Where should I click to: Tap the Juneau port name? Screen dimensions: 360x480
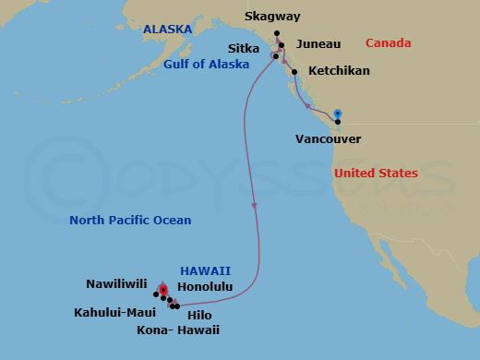[319, 43]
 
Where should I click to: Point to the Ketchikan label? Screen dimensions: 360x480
[339, 71]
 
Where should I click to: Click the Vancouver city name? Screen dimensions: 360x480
[328, 139]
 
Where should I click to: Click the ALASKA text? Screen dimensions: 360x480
[167, 30]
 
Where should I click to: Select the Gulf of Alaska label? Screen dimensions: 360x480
[206, 65]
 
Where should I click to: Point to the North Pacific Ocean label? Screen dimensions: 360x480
[131, 221]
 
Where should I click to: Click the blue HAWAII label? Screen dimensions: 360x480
[205, 270]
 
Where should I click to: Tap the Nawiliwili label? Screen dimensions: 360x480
[117, 285]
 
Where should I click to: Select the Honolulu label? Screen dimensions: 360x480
[203, 286]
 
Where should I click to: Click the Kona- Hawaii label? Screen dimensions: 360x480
[177, 330]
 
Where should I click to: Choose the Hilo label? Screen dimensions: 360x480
[199, 315]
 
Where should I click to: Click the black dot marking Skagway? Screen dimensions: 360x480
[277, 33]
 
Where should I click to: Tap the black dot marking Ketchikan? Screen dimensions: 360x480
[294, 71]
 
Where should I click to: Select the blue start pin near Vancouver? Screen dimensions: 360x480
[338, 112]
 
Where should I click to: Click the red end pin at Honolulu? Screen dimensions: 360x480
[162, 290]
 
